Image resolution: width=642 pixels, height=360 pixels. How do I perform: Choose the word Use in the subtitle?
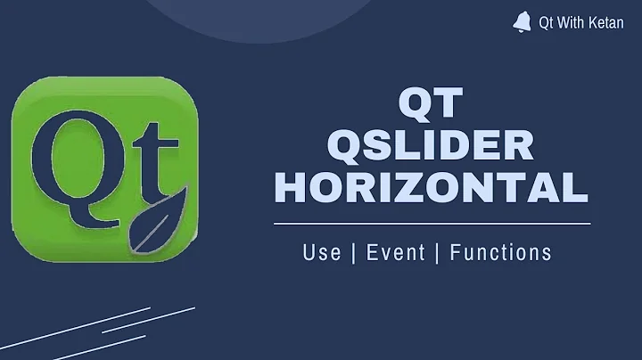click(x=322, y=252)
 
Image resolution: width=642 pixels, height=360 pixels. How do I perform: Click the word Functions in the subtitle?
click(x=500, y=252)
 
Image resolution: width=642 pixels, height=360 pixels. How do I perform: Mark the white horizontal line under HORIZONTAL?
click(x=432, y=223)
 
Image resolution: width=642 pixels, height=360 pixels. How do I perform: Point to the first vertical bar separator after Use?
click(x=354, y=252)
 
